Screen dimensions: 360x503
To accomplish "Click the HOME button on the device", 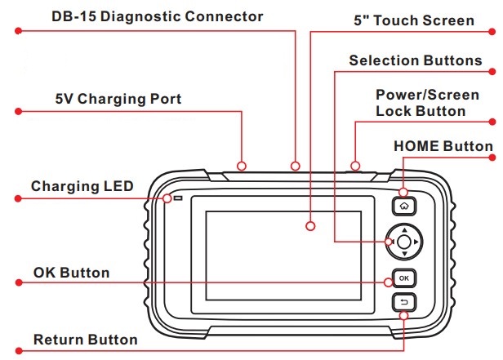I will click(404, 206).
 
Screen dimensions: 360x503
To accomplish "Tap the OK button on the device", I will click(404, 278).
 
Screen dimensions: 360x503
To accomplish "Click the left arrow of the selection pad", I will click(391, 242).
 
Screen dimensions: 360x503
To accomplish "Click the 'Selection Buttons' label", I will click(415, 60).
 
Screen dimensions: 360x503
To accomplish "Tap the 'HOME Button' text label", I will click(443, 146).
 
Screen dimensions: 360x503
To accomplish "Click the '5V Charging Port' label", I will click(113, 100).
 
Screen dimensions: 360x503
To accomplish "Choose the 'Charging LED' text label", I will click(82, 186).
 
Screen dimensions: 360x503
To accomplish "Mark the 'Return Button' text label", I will click(85, 339).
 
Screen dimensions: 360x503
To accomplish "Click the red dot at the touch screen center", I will click(311, 225).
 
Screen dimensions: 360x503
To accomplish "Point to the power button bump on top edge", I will click(355, 167).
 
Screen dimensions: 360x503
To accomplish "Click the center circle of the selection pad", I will click(404, 242).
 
